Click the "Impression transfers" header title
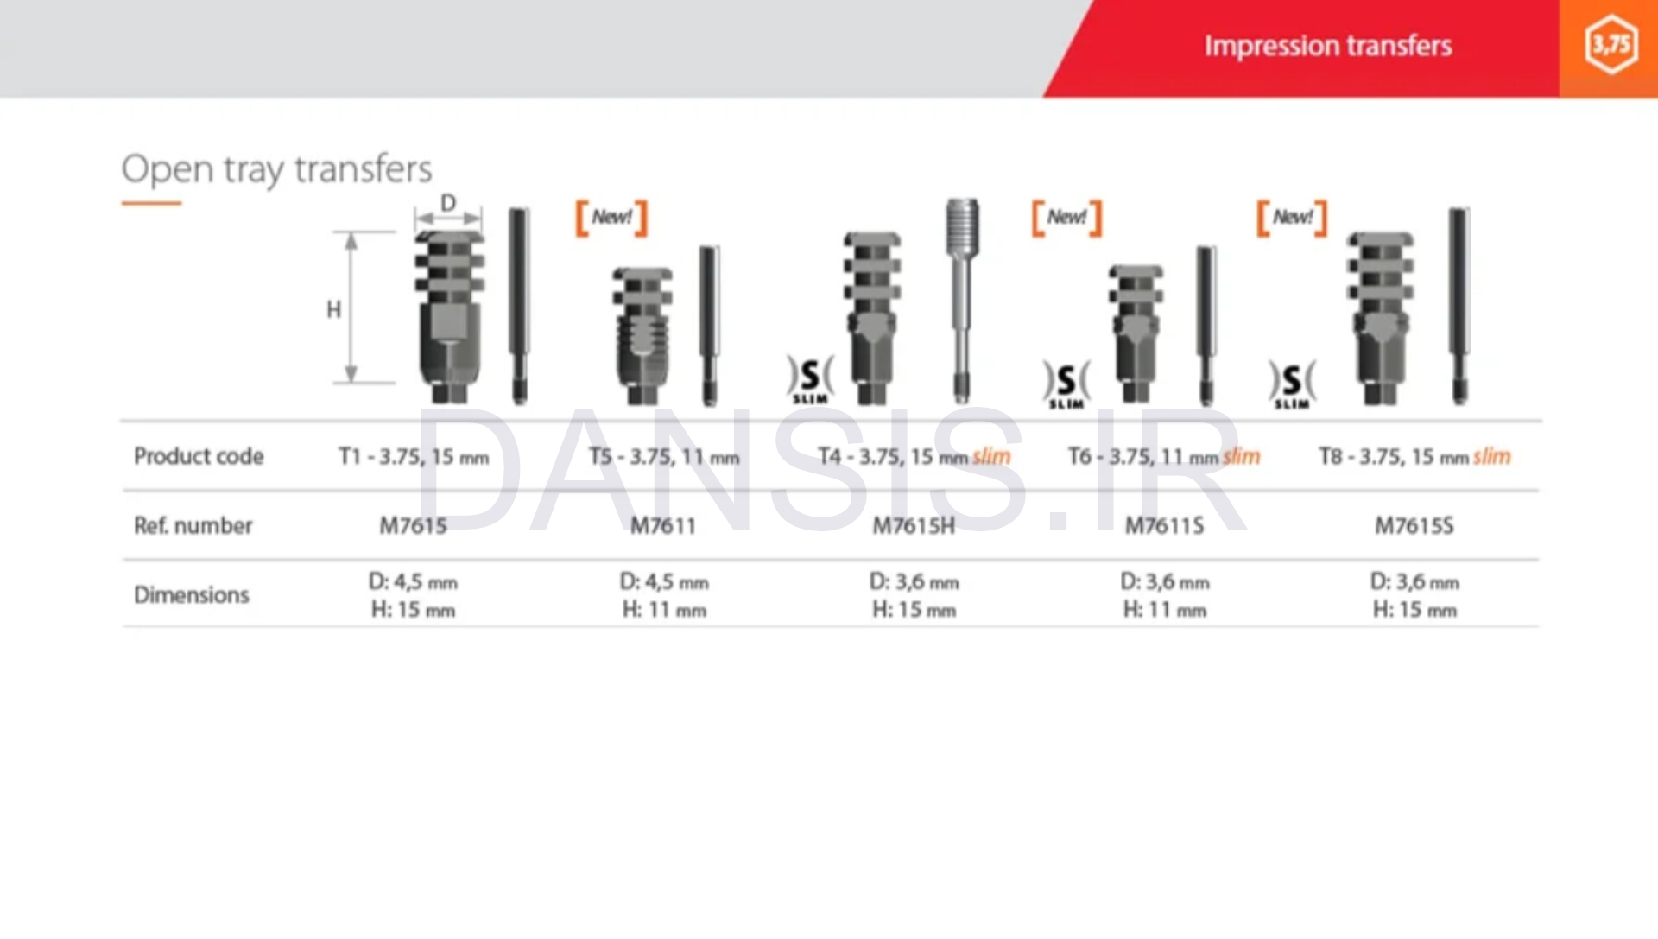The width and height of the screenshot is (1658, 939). pyautogui.click(x=1328, y=46)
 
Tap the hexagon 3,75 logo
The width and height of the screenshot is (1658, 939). pyautogui.click(x=1611, y=44)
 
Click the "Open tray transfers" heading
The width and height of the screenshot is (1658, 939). pyautogui.click(x=276, y=169)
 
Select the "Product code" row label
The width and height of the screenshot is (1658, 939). pyautogui.click(x=199, y=456)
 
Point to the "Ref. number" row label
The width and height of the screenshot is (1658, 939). pyautogui.click(x=193, y=525)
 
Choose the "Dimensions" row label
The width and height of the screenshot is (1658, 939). pyautogui.click(x=191, y=594)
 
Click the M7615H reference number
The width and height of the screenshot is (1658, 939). pyautogui.click(x=914, y=525)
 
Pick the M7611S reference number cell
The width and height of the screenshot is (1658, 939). pyautogui.click(x=1164, y=525)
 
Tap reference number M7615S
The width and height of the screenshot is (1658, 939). pyautogui.click(x=1414, y=525)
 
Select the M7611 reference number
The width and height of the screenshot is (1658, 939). pyautogui.click(x=663, y=525)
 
